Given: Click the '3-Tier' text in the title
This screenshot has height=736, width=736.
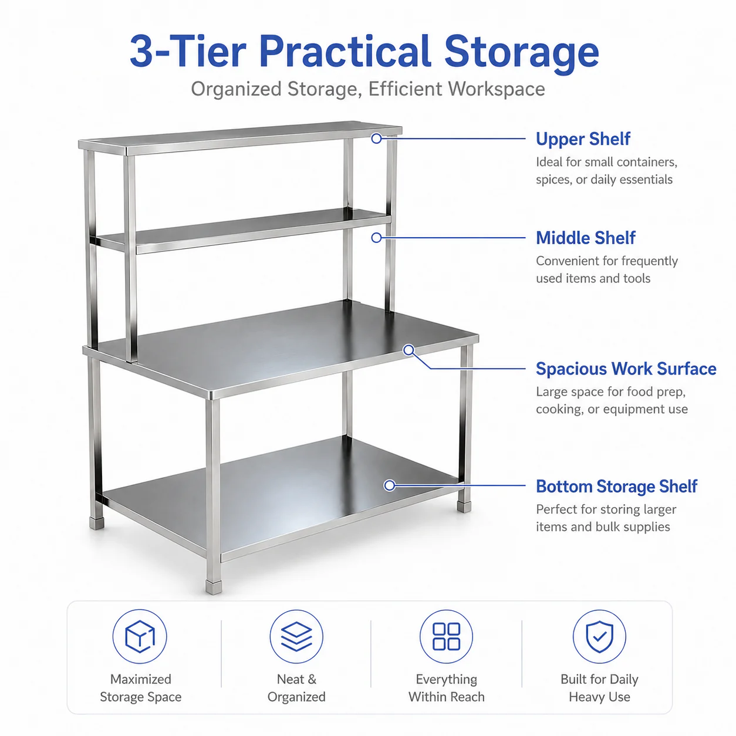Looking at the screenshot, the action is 188,51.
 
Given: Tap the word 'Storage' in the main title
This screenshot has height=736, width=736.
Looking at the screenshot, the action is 521,53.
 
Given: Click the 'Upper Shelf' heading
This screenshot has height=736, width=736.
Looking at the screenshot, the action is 583,139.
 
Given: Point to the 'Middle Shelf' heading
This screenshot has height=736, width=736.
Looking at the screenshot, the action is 586,238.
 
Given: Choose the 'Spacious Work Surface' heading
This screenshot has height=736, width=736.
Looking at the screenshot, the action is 626,369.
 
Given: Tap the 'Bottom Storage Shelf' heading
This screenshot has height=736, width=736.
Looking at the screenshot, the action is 616,486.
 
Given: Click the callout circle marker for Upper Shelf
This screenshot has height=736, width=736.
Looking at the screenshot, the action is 376,139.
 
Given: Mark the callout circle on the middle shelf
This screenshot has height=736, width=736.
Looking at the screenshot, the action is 376,238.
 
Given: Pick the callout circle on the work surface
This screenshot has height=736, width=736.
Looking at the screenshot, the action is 408,349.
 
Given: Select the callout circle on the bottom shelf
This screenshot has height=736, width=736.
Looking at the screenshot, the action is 389,485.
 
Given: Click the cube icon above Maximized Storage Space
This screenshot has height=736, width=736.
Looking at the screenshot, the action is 140,637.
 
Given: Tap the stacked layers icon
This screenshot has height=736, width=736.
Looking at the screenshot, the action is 296,637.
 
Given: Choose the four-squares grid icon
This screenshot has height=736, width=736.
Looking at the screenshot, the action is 446,637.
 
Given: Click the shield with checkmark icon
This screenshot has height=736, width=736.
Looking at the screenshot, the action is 599,637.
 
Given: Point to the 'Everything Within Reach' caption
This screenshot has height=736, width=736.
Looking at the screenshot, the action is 446,688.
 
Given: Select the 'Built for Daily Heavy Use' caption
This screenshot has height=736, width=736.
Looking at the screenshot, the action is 599,688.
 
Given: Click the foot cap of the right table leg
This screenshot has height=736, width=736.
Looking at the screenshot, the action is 464,507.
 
